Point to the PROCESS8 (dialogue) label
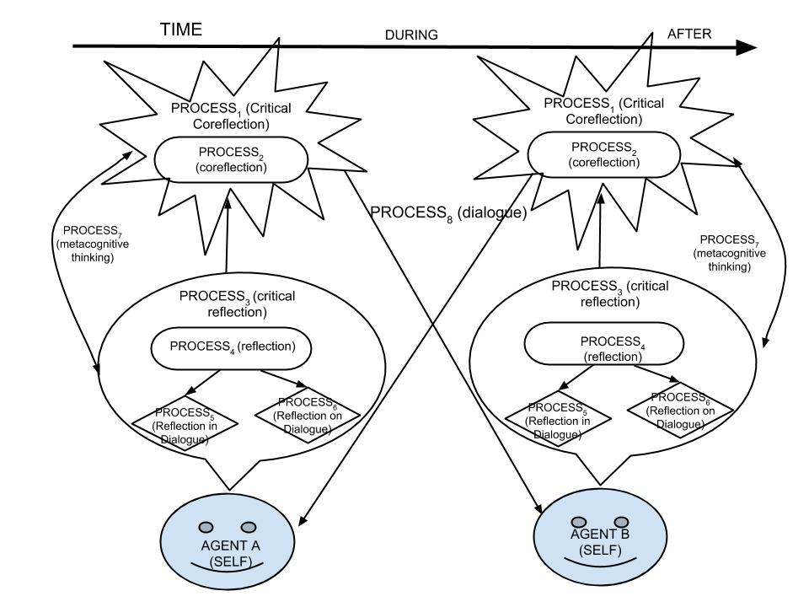pyautogui.click(x=447, y=214)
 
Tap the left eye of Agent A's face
pyautogui.click(x=205, y=527)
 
